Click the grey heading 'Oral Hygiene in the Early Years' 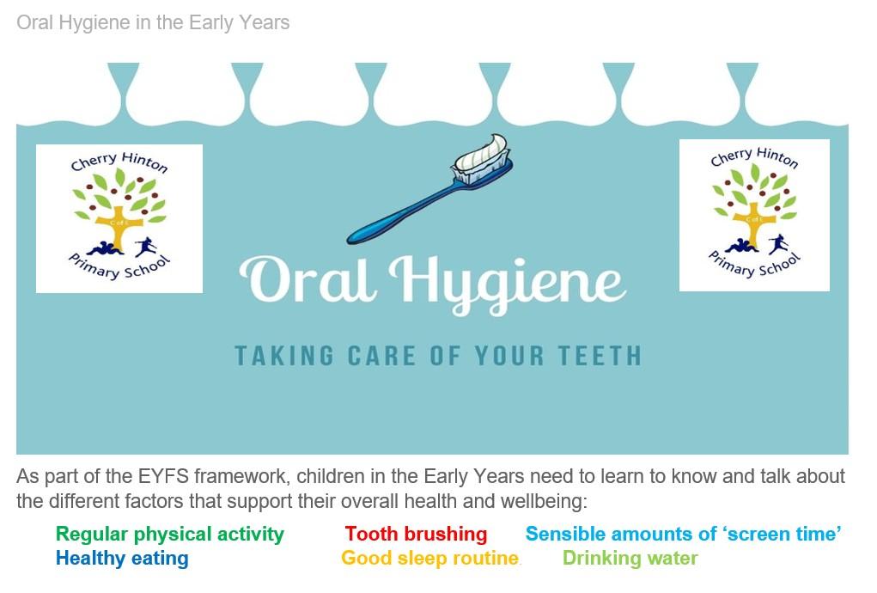tap(153, 23)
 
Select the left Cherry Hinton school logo tap(119, 218)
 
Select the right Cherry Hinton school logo tap(754, 216)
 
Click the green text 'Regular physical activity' tap(170, 535)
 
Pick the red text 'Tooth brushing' tap(416, 534)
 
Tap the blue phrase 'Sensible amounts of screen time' tap(684, 534)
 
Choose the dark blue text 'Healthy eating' tap(122, 559)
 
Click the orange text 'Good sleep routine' tap(430, 559)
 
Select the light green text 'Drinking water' tap(630, 558)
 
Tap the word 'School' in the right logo tap(781, 265)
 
